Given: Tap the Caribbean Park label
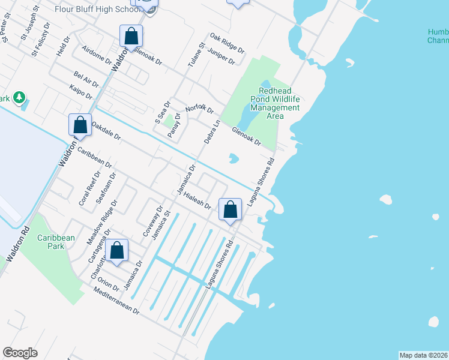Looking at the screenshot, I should pyautogui.click(x=56, y=242).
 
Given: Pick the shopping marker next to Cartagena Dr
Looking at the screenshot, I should pyautogui.click(x=117, y=251).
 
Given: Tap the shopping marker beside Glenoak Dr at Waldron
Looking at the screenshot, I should pyautogui.click(x=131, y=37).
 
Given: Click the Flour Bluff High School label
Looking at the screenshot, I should pyautogui.click(x=104, y=9).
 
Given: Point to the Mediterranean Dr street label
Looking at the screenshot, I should pyautogui.click(x=116, y=302).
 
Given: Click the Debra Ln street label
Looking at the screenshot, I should pyautogui.click(x=212, y=131).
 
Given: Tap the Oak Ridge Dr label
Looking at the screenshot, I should pyautogui.click(x=227, y=43).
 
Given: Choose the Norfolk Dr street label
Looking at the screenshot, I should pyautogui.click(x=199, y=109).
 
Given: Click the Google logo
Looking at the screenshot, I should pyautogui.click(x=20, y=353).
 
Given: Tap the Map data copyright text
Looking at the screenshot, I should pyautogui.click(x=423, y=355).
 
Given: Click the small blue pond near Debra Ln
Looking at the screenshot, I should pyautogui.click(x=234, y=159).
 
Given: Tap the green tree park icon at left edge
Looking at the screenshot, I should pyautogui.click(x=19, y=97).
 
